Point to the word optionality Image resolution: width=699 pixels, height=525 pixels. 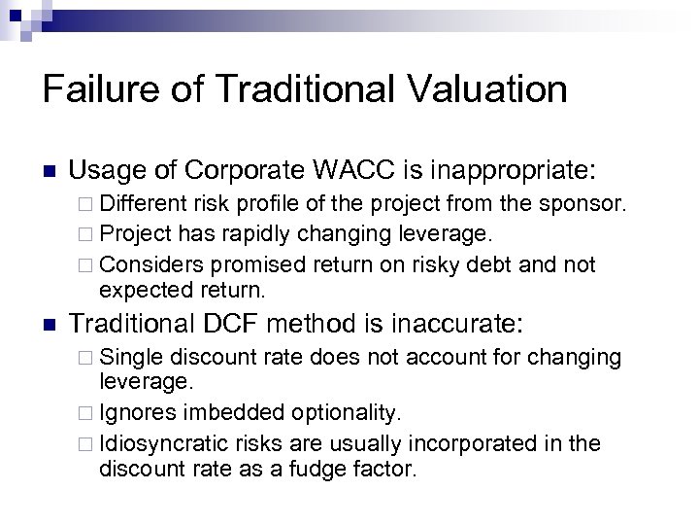[x=339, y=415]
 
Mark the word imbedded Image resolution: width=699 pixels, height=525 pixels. [x=220, y=415]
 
